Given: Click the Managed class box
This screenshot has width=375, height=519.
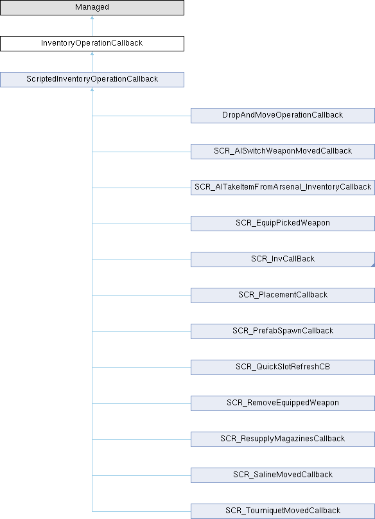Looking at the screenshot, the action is point(92,8).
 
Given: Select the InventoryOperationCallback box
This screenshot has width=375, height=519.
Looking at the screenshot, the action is point(92,44).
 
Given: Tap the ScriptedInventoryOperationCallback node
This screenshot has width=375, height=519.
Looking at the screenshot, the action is point(92,80).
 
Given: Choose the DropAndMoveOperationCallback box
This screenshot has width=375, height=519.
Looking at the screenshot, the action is point(283,116).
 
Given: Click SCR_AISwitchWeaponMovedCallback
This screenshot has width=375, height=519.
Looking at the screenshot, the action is point(283,152).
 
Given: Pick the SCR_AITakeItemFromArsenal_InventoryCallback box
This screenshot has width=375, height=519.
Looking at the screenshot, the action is point(283,188).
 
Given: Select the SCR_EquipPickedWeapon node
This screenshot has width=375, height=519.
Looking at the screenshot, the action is point(283,224).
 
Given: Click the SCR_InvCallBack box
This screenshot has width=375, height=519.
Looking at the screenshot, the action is point(283,259).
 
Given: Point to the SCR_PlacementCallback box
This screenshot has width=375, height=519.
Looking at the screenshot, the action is point(283,295).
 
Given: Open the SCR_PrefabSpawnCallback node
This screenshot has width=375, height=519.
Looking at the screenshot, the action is point(283,331).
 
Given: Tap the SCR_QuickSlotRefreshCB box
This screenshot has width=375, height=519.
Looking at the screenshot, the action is point(283,367).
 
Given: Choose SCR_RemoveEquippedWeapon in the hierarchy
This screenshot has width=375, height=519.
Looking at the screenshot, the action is point(283,403).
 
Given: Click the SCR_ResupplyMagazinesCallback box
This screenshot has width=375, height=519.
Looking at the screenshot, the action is point(283,439).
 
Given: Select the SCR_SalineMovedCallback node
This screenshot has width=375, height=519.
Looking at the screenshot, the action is point(283,475).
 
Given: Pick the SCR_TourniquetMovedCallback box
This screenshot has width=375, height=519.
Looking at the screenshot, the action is point(283,511).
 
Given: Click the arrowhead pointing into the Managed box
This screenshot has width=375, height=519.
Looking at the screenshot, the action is point(92,17).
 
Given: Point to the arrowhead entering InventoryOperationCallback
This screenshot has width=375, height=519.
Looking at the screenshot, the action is point(92,53).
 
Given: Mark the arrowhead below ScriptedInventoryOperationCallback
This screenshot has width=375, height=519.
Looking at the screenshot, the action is point(92,89).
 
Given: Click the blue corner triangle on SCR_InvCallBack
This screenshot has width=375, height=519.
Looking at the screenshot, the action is point(373,265).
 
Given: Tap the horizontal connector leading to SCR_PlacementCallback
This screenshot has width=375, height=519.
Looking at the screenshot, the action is point(141,295).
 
